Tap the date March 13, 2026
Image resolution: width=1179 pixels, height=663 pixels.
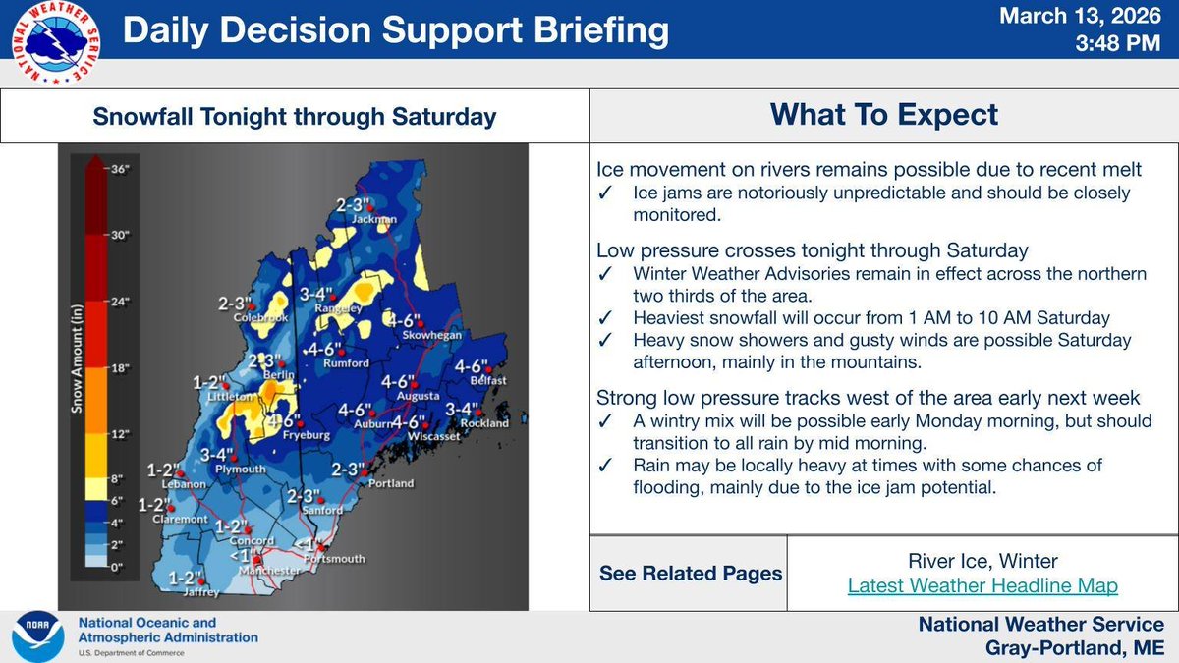pos(1087,17)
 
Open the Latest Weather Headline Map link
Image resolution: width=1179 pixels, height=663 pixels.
pos(982,586)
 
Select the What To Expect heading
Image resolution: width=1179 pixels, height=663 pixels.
pos(883,115)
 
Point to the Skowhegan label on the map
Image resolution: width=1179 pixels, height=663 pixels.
pos(424,336)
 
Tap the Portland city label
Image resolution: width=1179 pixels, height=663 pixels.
pos(391,484)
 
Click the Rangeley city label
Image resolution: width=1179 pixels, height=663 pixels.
pos(339,308)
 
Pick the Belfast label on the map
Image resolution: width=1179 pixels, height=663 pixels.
pos(487,380)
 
